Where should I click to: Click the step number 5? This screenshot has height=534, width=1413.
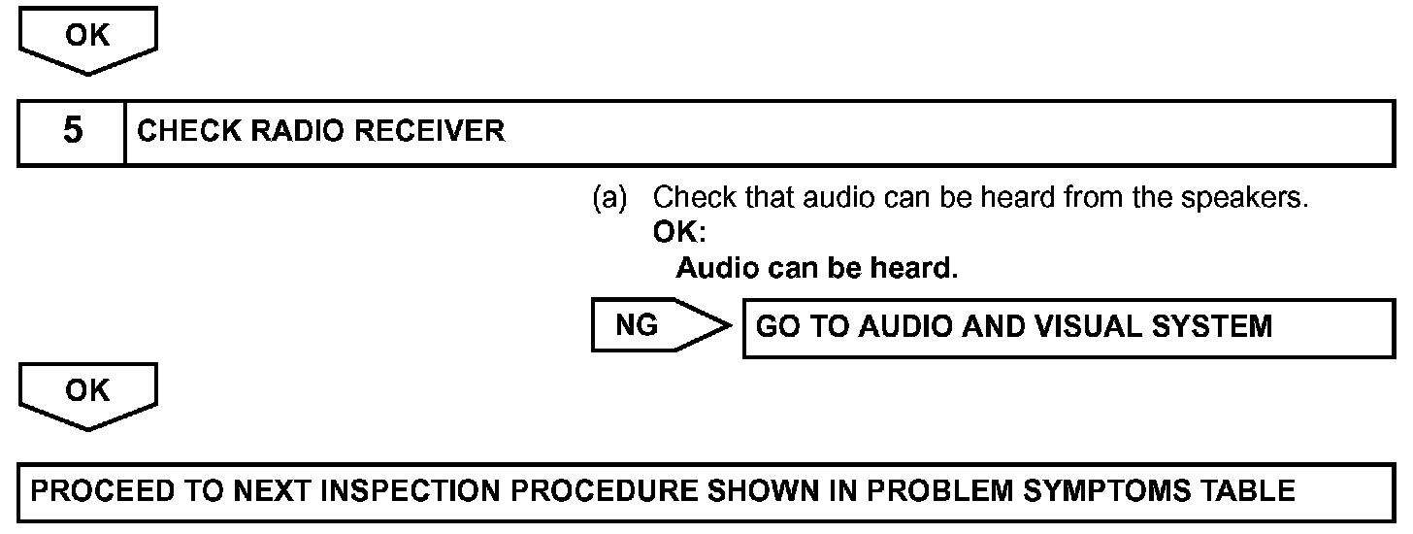click(x=72, y=131)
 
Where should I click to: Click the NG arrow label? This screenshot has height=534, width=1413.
click(x=637, y=326)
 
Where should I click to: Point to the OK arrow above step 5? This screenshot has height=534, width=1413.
click(x=86, y=36)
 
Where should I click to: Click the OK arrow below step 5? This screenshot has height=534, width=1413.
click(x=86, y=391)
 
